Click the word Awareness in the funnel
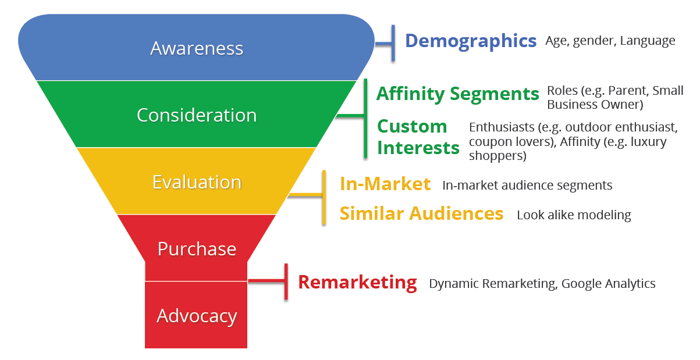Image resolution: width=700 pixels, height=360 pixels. click(197, 48)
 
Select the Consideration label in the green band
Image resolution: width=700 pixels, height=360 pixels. click(197, 115)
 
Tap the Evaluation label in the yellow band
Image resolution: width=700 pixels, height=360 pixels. click(197, 182)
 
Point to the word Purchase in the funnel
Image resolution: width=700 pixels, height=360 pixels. click(197, 249)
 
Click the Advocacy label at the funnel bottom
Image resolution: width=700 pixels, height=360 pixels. click(197, 316)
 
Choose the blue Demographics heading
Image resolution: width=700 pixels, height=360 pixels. click(470, 41)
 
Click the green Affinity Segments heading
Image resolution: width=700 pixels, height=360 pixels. click(457, 94)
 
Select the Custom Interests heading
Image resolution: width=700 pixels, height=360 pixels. click(418, 137)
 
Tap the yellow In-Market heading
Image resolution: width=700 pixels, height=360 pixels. click(385, 184)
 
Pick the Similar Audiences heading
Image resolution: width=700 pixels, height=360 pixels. click(421, 213)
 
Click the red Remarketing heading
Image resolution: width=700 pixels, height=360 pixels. click(357, 283)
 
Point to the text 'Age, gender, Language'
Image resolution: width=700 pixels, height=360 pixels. click(610, 41)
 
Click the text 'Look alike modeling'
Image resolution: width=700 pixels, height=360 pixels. click(574, 215)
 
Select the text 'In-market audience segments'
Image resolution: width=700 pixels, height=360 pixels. click(527, 186)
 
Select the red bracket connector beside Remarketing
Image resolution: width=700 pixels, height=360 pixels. click(273, 282)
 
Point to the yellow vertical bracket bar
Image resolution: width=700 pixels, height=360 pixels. click(324, 197)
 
